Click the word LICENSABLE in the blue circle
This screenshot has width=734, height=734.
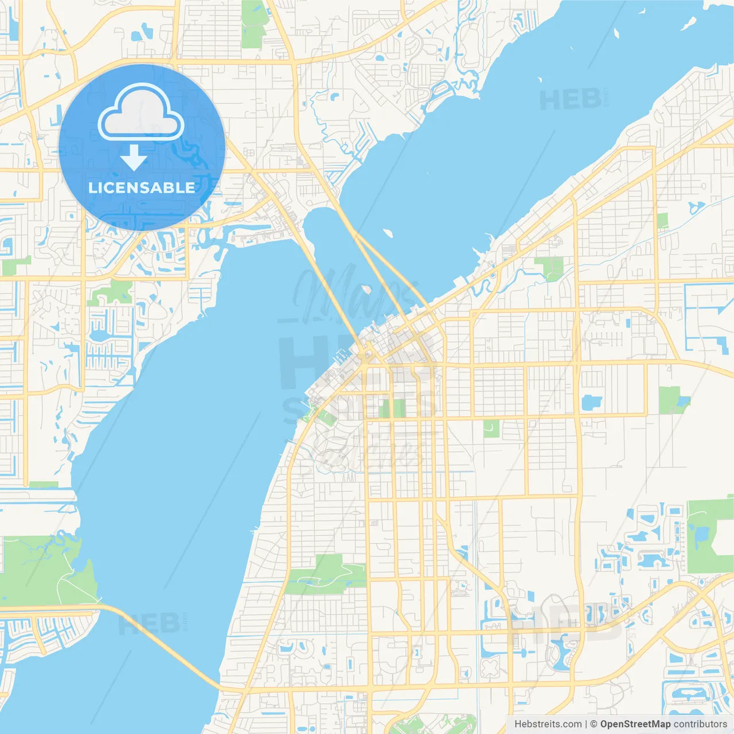click(x=142, y=188)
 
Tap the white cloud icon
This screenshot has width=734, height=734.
click(x=141, y=114)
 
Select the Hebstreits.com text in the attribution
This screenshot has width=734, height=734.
click(x=548, y=724)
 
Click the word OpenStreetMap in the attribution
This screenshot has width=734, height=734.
click(x=635, y=724)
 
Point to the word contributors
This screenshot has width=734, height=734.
click(x=700, y=724)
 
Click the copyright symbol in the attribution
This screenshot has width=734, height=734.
click(x=594, y=724)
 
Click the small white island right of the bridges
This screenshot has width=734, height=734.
click(x=387, y=233)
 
